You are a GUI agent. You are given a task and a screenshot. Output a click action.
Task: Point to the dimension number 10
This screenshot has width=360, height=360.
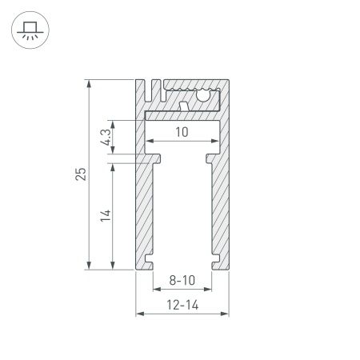click(x=182, y=133)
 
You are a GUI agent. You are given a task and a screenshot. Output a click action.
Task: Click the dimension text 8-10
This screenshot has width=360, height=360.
click(x=182, y=281)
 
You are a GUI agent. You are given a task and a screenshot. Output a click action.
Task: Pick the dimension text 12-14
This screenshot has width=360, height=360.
click(x=182, y=305)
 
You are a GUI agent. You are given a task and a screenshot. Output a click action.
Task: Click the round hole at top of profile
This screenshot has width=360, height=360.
click(x=204, y=98)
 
